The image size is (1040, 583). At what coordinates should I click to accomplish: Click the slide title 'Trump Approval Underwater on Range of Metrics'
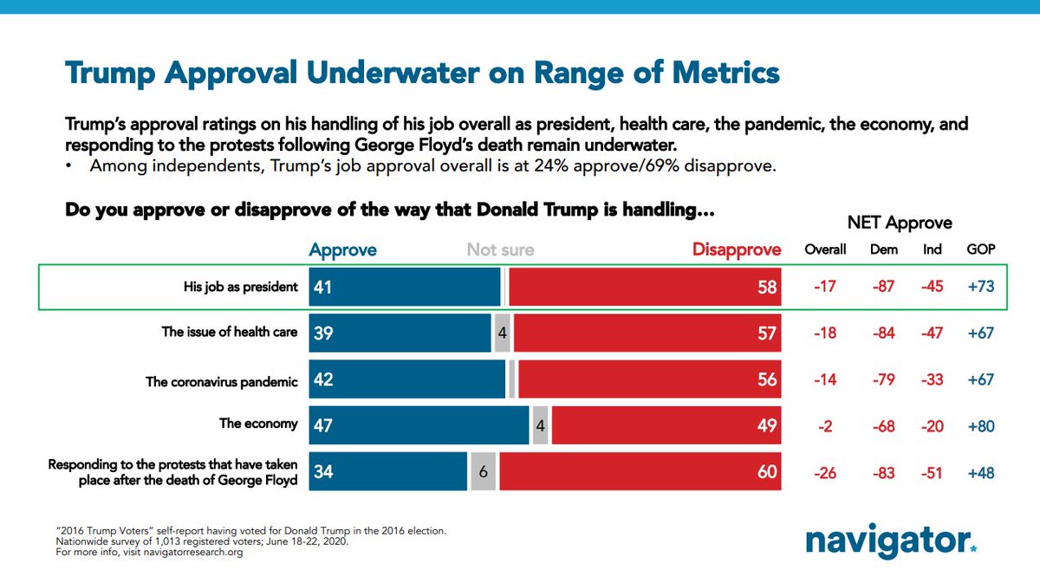[422, 73]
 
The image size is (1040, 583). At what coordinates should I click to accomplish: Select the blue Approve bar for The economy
[419, 425]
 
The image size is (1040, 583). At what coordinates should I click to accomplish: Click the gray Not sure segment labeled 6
[484, 472]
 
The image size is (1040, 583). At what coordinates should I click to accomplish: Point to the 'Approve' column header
[342, 250]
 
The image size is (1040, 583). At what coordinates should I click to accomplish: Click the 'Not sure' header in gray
[500, 250]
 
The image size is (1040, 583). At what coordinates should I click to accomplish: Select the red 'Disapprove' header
[736, 250]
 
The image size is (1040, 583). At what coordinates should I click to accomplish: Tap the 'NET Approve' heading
[900, 223]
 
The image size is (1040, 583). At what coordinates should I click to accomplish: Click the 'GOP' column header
[981, 249]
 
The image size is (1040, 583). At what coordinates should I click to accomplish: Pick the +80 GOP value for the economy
[981, 426]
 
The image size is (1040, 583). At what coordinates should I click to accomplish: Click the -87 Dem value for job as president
[884, 286]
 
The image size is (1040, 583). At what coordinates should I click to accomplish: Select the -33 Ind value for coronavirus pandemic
[933, 379]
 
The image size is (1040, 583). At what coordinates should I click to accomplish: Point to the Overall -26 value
[825, 473]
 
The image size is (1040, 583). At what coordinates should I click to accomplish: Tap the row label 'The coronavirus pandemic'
[222, 381]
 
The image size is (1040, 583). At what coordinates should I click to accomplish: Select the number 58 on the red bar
[766, 287]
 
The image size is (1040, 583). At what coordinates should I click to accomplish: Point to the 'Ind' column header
[933, 249]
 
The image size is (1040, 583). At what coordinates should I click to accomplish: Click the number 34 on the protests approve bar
[323, 472]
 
